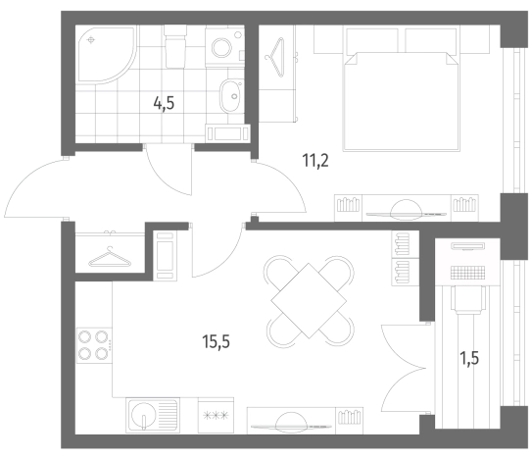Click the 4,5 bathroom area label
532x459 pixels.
[164, 103]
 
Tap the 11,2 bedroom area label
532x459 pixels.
[315, 161]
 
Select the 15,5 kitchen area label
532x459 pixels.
[216, 341]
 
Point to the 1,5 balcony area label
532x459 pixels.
[469, 358]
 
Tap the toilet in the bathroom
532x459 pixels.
[175, 46]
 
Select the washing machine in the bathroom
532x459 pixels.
[224, 47]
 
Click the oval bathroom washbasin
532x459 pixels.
[230, 96]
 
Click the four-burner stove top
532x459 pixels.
[94, 345]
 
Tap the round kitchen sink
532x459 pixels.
[143, 415]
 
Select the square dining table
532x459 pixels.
[309, 301]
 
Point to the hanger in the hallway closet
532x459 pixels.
[110, 258]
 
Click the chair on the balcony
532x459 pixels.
[467, 299]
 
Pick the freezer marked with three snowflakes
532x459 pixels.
[216, 415]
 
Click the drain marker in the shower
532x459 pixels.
[90, 40]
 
